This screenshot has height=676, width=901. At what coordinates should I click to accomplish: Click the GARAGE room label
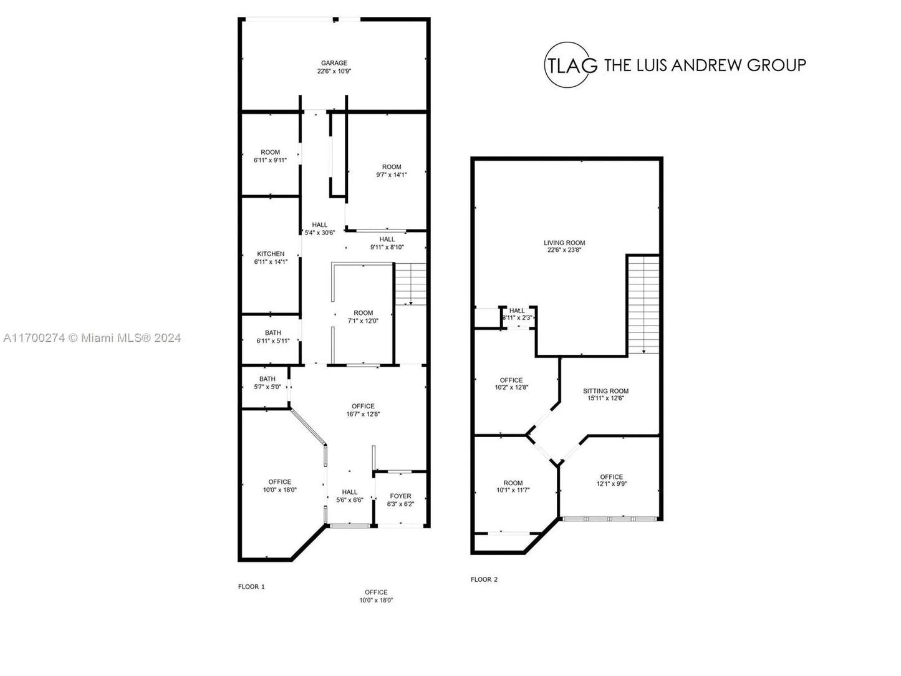point(334,63)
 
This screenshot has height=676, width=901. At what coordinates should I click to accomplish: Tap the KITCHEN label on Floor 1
point(271,254)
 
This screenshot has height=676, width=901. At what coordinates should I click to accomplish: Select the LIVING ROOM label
point(564,243)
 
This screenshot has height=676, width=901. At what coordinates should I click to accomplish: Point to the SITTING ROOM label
point(605,391)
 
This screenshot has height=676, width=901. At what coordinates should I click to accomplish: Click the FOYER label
point(400,496)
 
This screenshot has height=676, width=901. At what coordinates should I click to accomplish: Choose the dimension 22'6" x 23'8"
point(564,250)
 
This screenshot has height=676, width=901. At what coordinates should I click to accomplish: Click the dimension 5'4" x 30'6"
point(319,233)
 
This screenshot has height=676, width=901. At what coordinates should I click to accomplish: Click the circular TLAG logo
point(569,65)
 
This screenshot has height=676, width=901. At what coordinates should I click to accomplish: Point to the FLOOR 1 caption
point(251,587)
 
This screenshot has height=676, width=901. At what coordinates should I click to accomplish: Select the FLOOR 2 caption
point(484,579)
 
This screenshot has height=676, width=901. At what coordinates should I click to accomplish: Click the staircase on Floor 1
point(411,283)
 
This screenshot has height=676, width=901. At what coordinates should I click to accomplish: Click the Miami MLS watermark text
point(92,338)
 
